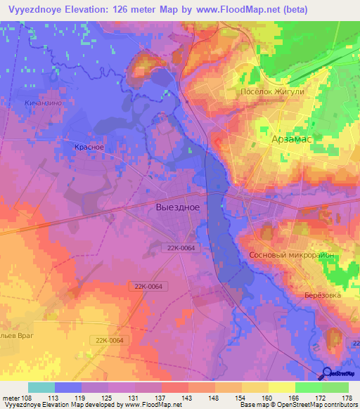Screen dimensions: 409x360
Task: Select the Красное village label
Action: [x=89, y=147]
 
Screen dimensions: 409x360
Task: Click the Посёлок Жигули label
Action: [x=273, y=92]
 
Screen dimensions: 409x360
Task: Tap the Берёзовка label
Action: [x=325, y=295]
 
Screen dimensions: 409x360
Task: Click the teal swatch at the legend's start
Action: [x=41, y=387]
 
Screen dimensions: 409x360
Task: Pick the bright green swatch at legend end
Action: [x=335, y=387]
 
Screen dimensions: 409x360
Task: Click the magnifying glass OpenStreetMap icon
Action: [x=327, y=374]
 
